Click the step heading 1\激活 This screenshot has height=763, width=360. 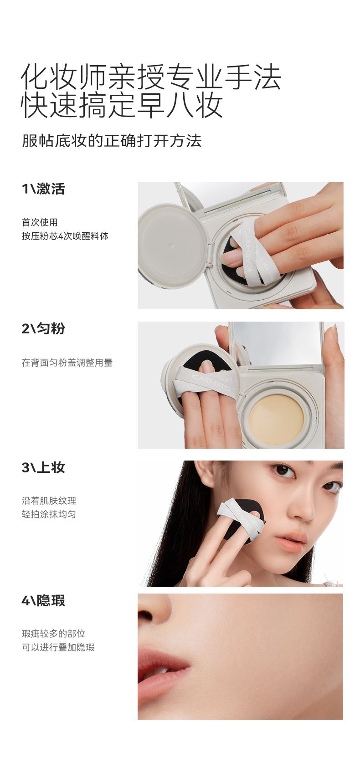(43, 189)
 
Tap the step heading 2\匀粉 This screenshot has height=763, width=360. (43, 328)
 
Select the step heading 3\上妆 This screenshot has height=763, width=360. (43, 467)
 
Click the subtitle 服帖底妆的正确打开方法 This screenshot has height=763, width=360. (112, 141)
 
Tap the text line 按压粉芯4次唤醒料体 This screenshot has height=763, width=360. (65, 236)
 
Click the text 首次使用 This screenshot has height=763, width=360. (40, 222)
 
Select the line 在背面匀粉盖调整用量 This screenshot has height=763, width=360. (67, 363)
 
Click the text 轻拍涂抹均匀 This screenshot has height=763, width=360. (49, 514)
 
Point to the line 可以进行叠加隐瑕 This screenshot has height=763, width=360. (58, 647)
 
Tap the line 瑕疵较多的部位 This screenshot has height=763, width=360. (53, 634)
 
